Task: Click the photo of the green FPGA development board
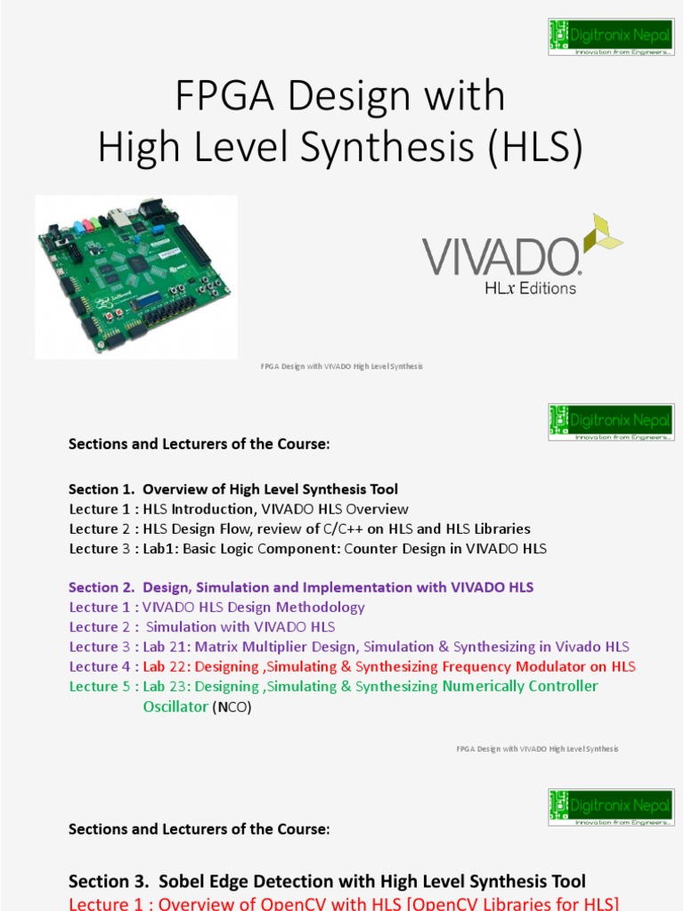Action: click(x=135, y=276)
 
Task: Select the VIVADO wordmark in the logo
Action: click(x=501, y=257)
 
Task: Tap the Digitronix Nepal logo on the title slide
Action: click(x=611, y=36)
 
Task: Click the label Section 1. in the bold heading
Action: click(x=94, y=489)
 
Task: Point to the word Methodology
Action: click(x=321, y=607)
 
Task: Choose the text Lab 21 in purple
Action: click(x=167, y=647)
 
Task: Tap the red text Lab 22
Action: click(x=167, y=666)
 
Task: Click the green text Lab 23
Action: click(x=167, y=686)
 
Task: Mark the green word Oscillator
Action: click(x=175, y=706)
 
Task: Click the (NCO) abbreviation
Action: click(x=232, y=707)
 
